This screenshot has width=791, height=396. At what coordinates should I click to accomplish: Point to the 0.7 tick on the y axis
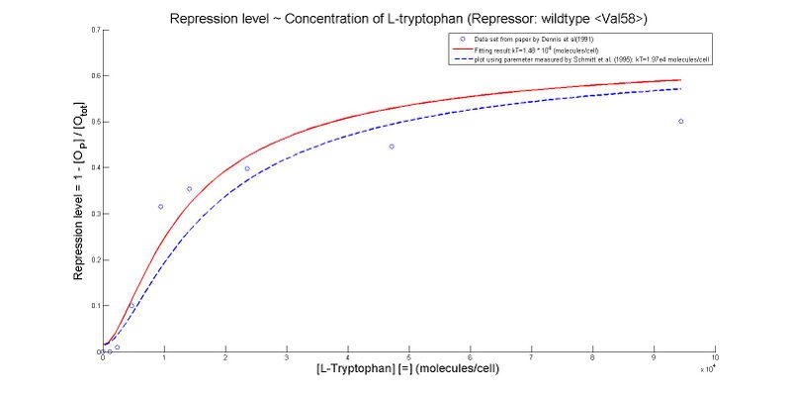point(95,30)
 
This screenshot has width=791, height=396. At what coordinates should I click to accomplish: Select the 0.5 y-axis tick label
point(95,122)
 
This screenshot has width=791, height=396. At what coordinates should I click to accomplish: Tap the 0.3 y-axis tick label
point(95,214)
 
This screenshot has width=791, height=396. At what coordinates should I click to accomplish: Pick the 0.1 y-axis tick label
point(95,306)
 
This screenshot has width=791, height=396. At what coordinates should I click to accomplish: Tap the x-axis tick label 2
point(224,357)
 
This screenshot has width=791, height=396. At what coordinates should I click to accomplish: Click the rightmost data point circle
point(680,122)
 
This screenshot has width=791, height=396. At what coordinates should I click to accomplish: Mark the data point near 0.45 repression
point(392,147)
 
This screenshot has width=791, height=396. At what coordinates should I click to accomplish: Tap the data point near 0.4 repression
point(247,168)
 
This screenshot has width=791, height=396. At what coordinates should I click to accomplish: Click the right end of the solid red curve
point(681,80)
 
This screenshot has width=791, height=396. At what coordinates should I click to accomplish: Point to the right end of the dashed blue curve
point(681,89)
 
